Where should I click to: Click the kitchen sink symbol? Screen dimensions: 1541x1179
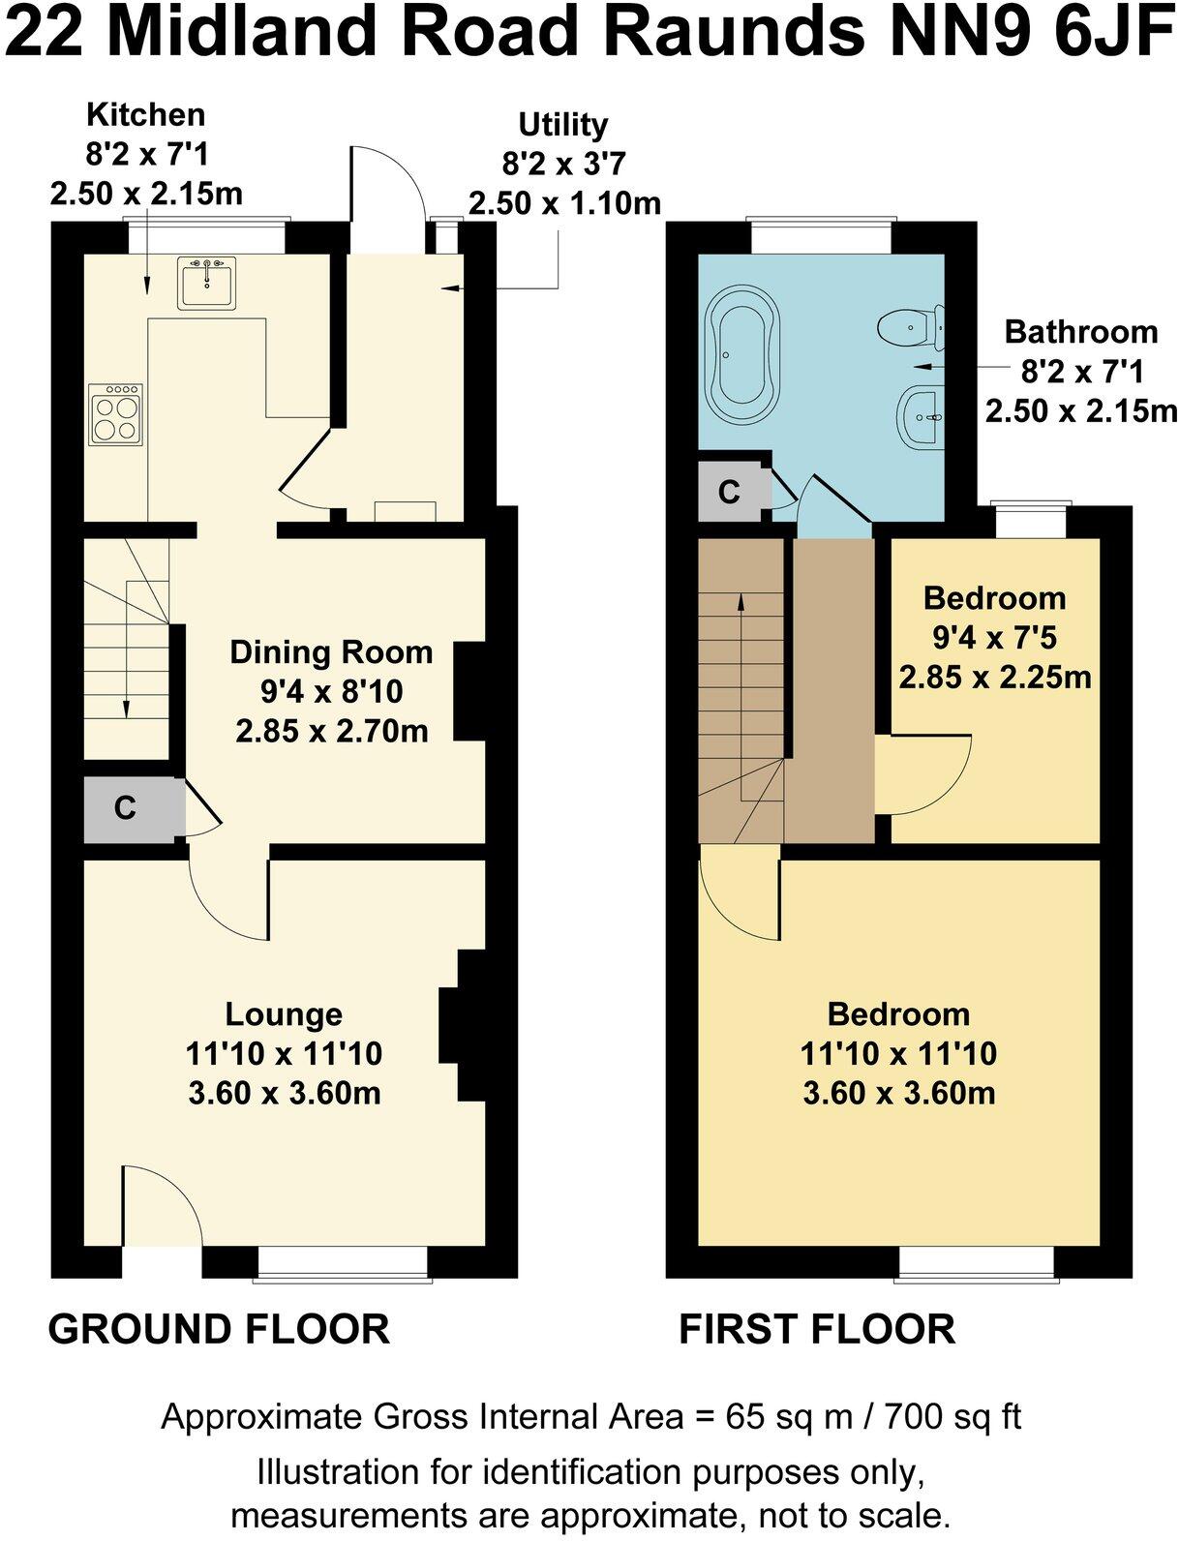click(x=206, y=283)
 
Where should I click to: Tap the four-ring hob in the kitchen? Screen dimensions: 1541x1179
click(x=115, y=414)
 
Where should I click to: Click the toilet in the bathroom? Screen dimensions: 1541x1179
click(x=912, y=326)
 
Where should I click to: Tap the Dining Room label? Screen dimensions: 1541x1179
click(x=331, y=652)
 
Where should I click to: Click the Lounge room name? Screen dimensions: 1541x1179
click(x=284, y=1014)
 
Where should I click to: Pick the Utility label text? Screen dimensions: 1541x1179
click(x=563, y=125)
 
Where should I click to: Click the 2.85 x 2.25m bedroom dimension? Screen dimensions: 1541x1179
click(x=994, y=677)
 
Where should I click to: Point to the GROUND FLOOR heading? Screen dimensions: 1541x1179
click(x=219, y=1329)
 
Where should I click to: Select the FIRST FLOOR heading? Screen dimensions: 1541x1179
click(x=817, y=1329)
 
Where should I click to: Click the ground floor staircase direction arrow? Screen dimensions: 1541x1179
click(x=126, y=658)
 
